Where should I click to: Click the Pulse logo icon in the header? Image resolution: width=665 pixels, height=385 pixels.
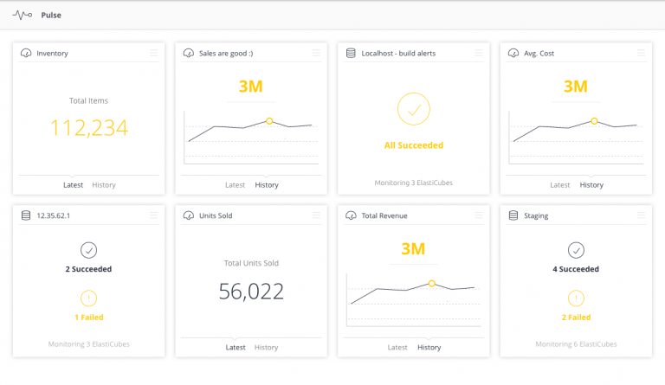[22, 16]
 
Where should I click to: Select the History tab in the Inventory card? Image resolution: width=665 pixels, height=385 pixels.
[104, 185]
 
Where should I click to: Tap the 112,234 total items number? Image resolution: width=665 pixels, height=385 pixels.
[88, 128]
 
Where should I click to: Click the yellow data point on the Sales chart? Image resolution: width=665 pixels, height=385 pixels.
[269, 121]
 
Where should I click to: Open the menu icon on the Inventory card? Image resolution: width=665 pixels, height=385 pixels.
[153, 53]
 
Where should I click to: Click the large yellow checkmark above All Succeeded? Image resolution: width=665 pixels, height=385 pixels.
[414, 109]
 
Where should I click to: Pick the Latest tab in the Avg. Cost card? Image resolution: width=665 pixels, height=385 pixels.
[560, 185]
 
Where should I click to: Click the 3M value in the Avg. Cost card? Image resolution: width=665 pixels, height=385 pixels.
[576, 87]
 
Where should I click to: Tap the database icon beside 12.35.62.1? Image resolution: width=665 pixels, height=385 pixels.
[26, 215]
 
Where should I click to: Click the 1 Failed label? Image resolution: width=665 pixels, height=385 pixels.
[89, 318]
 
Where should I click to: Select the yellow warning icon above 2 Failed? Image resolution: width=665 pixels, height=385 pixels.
[576, 298]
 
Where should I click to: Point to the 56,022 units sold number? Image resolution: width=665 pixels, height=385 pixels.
[251, 292]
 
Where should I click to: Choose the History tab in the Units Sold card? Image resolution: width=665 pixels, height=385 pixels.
[267, 347]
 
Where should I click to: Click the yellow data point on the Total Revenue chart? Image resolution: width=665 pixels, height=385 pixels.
[432, 284]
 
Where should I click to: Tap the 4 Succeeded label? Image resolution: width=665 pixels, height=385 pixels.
[576, 269]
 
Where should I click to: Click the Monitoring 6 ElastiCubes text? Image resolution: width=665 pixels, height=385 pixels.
[576, 344]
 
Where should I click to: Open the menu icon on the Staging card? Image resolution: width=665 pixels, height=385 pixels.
[641, 215]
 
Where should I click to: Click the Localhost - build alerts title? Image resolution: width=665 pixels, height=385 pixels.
[398, 54]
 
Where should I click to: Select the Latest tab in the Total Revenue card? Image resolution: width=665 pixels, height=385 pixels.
[397, 347]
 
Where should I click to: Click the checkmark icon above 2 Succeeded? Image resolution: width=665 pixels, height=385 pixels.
[88, 250]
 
